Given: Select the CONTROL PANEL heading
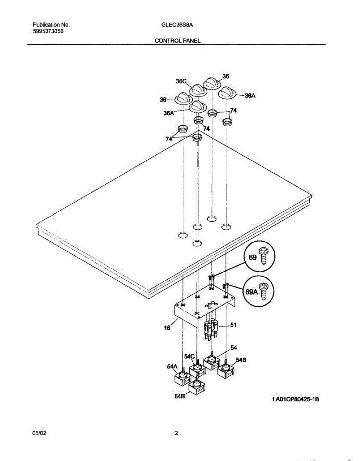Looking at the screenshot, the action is [177, 40].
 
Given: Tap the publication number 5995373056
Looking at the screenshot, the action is [48, 32].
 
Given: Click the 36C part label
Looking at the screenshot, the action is [181, 81].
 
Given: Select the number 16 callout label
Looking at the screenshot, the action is [167, 328].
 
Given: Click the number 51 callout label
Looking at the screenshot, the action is [233, 325].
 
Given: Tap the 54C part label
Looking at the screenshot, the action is [190, 357].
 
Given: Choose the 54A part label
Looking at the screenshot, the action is [172, 367].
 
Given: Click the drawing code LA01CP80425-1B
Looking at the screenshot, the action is [296, 400].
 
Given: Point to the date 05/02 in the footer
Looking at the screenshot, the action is [40, 433].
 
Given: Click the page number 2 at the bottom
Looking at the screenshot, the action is [177, 433].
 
